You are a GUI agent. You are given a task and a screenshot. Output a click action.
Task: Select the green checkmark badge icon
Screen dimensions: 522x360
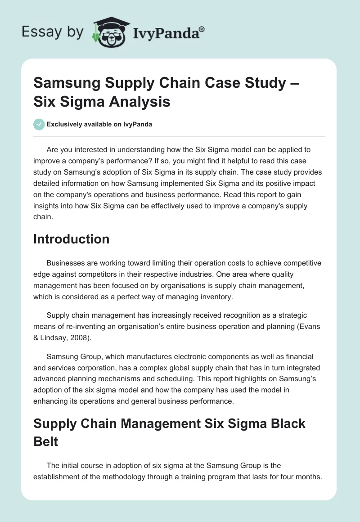[x=39, y=124]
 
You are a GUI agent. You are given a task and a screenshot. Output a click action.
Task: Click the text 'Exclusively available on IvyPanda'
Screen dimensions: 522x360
[x=99, y=124]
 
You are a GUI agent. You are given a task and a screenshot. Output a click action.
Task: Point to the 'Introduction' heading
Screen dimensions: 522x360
[x=71, y=238]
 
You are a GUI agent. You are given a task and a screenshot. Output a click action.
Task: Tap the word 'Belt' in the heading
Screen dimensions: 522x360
[x=46, y=441]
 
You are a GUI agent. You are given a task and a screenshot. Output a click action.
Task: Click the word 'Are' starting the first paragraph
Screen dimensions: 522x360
[x=53, y=149]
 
